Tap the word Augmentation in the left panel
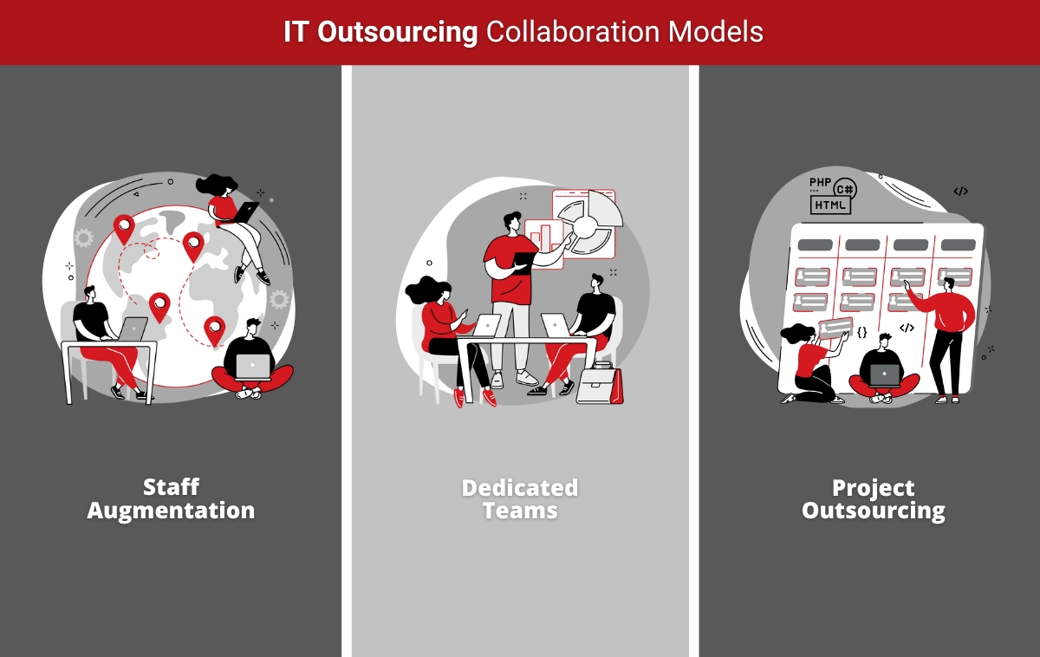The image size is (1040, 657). click(x=171, y=510)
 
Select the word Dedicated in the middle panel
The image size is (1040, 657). click(x=519, y=487)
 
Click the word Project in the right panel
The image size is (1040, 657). click(x=873, y=487)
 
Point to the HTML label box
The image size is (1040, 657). click(x=830, y=205)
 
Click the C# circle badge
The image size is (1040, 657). click(x=845, y=188)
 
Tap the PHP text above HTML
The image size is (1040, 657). click(x=819, y=182)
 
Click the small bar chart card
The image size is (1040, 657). click(x=544, y=237)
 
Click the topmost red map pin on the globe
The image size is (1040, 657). click(x=125, y=228)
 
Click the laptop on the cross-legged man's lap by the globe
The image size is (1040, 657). click(x=253, y=367)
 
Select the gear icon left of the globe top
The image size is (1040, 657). click(x=83, y=237)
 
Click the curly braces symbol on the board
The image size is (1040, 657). click(x=861, y=331)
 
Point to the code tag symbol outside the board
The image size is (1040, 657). click(x=960, y=191)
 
